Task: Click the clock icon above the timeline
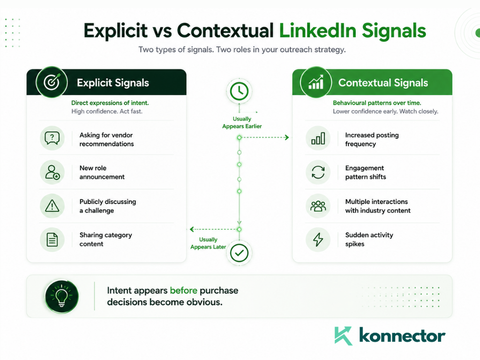tap(239, 91)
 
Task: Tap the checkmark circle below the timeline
tap(239, 253)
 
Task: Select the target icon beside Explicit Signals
tap(52, 82)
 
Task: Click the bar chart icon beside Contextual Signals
tap(316, 82)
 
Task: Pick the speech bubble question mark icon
tap(52, 138)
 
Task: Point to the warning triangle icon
tap(52, 206)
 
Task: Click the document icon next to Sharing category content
tap(52, 240)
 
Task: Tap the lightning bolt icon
tap(318, 240)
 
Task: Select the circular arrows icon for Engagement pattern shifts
tap(318, 172)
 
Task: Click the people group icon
tap(318, 206)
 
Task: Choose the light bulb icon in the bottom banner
tap(61, 296)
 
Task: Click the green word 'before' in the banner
tap(184, 290)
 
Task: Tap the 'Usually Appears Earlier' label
tap(242, 122)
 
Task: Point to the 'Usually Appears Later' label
tap(208, 243)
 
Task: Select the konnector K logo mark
tap(343, 336)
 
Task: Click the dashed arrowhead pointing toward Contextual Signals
tap(286, 137)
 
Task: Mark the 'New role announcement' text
tap(102, 172)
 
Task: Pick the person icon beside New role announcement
tap(52, 172)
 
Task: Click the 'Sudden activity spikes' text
tap(369, 240)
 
